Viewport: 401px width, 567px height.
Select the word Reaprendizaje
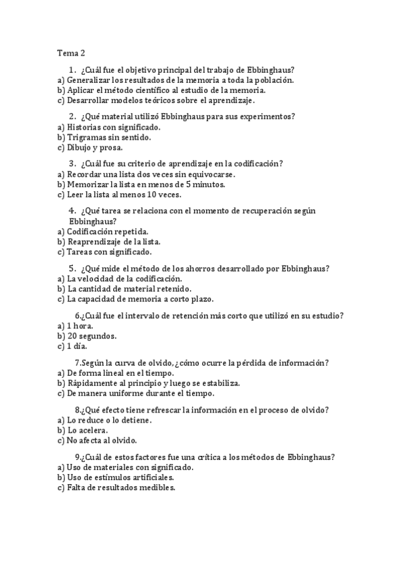[x=97, y=242]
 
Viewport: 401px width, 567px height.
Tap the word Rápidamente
[x=95, y=383]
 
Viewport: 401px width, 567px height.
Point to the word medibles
[x=156, y=488]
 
